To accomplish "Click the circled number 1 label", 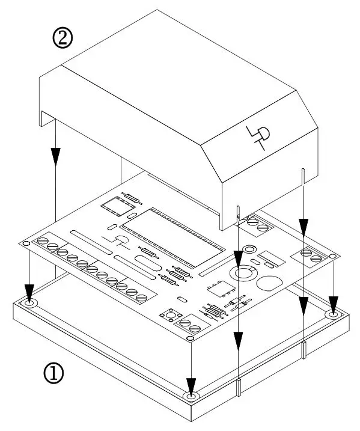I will pos(53,373).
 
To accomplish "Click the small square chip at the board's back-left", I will pos(114,205).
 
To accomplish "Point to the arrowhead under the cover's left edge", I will pos(55,157).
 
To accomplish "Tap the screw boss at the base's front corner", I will pos(191,397).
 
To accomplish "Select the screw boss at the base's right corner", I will pos(334,314).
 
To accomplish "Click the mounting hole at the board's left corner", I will pos(26,244).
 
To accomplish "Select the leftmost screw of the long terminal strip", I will pos(42,242).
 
